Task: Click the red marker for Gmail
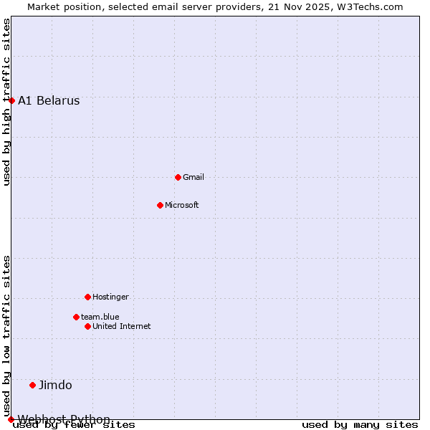[178, 177]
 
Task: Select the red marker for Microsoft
[160, 205]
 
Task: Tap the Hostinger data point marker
[87, 297]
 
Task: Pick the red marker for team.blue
[76, 317]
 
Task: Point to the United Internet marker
[87, 326]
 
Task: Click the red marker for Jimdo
[32, 385]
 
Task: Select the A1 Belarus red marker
[11, 100]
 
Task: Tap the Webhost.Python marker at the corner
[11, 419]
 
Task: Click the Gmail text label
[193, 177]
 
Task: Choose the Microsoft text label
[182, 205]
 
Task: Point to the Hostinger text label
[110, 297]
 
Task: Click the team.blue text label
[100, 317]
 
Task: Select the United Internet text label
[122, 326]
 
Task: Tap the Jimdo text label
[55, 385]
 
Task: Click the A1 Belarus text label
[49, 100]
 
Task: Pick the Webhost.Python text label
[64, 419]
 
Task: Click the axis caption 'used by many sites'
[360, 424]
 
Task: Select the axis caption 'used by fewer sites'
[74, 424]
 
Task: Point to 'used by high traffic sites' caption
[6, 102]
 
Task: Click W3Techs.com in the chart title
[370, 6]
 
